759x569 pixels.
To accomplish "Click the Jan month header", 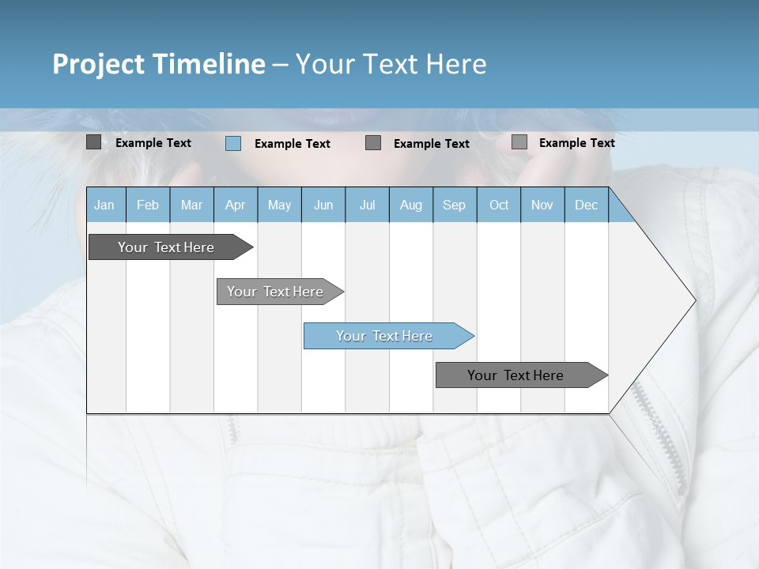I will point(105,205).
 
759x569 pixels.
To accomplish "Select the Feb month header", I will point(148,205).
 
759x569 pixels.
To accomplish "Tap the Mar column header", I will point(191,205).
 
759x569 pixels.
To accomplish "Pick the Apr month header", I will point(236,205).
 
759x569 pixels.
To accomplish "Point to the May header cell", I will point(279,205).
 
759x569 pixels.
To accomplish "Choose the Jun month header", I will point(323,205).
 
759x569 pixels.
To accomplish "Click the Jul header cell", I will point(367,205).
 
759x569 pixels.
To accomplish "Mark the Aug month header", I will point(411,205).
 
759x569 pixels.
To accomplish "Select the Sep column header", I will point(455,205).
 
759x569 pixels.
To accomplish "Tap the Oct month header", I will point(499,205).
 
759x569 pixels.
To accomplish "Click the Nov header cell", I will point(542,205).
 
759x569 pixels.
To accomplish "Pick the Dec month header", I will point(587,205).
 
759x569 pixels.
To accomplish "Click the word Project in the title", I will point(98,64).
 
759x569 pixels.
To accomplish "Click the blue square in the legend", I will point(233,143).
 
